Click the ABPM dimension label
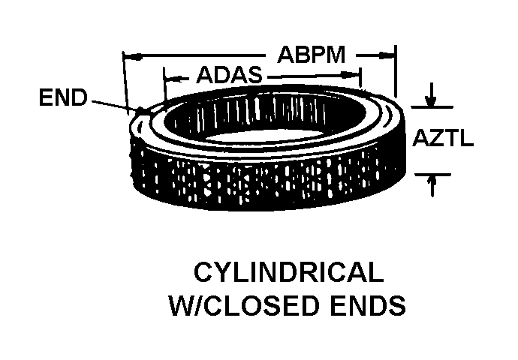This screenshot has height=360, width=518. [x=311, y=55]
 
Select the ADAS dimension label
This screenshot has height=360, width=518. [x=229, y=76]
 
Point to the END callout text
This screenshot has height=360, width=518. [x=64, y=98]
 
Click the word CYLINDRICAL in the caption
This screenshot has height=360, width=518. [x=289, y=273]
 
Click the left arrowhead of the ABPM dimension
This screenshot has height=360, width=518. [x=128, y=55]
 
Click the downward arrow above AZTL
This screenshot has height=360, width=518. [x=431, y=97]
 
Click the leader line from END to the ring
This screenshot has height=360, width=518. [x=113, y=105]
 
